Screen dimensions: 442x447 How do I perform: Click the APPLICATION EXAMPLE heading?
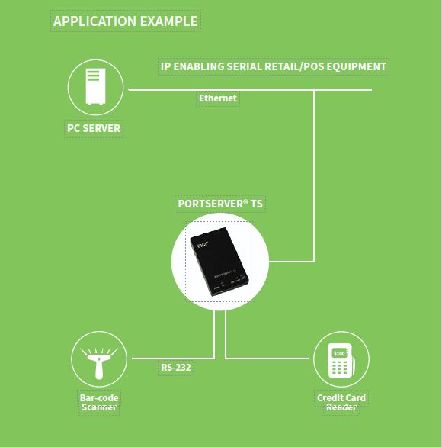point(125,21)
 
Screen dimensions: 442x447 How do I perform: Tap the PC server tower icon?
point(96,86)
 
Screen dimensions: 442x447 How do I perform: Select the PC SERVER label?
point(94,128)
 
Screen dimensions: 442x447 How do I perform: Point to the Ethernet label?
point(218,98)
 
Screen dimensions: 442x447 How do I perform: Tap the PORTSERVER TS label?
point(220,204)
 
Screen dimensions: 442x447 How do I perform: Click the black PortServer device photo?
point(219,262)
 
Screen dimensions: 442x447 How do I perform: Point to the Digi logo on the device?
point(203,244)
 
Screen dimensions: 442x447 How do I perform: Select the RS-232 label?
point(176,368)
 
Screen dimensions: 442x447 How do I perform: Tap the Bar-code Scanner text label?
point(99,402)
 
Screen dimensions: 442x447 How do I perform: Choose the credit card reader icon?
point(341,362)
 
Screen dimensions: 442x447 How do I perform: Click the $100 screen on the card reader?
point(339,353)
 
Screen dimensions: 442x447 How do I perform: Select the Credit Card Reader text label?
point(341,402)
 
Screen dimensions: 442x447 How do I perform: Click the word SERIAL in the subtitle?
point(244,66)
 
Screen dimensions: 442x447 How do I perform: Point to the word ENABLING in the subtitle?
point(199,66)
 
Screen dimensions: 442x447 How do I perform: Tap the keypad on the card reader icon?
point(339,368)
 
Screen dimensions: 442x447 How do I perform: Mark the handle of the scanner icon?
point(99,370)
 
